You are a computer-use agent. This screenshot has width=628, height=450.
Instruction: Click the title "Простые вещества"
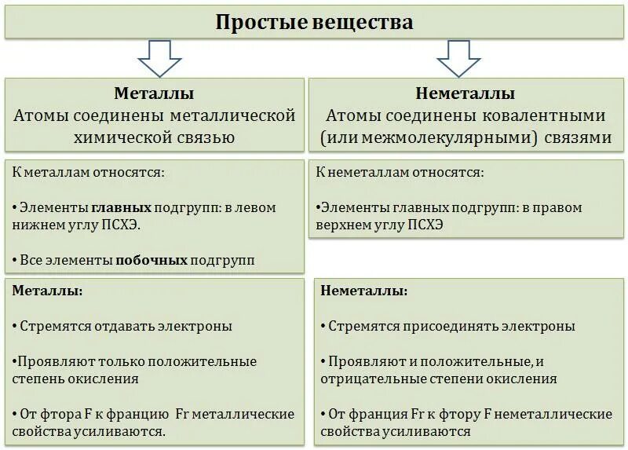pyautogui.click(x=314, y=21)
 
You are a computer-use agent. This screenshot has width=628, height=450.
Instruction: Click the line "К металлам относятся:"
pyautogui.click(x=89, y=172)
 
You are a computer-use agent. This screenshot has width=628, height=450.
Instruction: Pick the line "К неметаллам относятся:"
pyautogui.click(x=400, y=172)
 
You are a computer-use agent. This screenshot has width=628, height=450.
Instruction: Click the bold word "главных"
pyautogui.click(x=121, y=208)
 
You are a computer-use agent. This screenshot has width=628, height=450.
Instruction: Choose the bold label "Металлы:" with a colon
pyautogui.click(x=48, y=291)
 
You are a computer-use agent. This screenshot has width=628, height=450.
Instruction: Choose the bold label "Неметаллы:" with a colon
pyautogui.click(x=364, y=291)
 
